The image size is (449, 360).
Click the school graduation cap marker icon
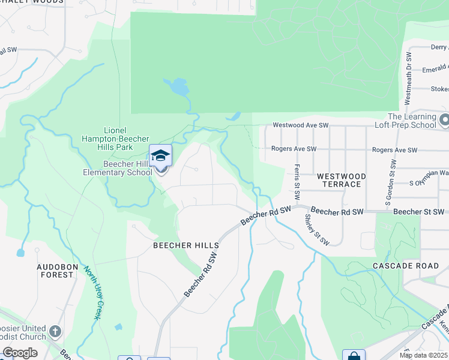click(160, 156)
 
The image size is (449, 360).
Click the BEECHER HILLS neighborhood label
click(185, 245)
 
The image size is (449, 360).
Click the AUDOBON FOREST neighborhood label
click(55, 271)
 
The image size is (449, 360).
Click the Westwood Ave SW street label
click(301, 125)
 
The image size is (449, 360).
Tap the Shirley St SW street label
click(316, 230)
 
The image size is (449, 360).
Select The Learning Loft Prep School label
click(412, 121)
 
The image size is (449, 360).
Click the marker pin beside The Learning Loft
click(444, 121)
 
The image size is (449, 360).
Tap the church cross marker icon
click(55, 331)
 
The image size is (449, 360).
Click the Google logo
click(20, 353)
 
